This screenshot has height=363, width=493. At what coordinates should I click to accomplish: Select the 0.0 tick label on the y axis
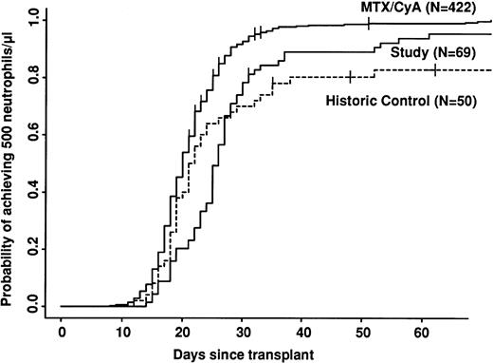[x=34, y=306]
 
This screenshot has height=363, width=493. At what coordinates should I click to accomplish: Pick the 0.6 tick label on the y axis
[x=34, y=133]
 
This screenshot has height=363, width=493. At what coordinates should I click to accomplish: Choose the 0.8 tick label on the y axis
[x=34, y=75]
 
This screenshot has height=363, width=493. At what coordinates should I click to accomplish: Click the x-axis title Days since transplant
[x=243, y=353]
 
